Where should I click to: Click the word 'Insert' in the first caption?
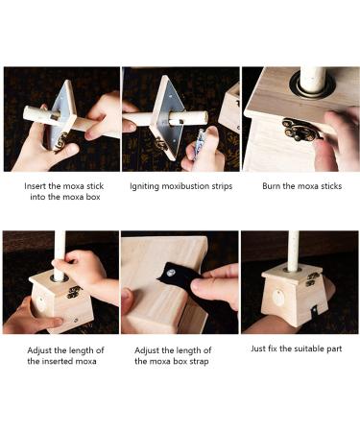pyautogui.click(x=36, y=186)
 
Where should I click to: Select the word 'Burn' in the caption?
pyautogui.click(x=271, y=186)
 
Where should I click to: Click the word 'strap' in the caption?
pyautogui.click(x=199, y=362)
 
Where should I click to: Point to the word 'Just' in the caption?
pyautogui.click(x=258, y=348)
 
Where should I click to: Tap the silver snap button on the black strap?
pyautogui.click(x=169, y=273)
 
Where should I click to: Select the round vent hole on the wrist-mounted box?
pyautogui.click(x=278, y=298)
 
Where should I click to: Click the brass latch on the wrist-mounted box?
pyautogui.click(x=312, y=279)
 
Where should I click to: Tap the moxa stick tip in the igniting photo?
pyautogui.click(x=204, y=116)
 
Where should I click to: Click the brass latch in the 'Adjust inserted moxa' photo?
pyautogui.click(x=74, y=292)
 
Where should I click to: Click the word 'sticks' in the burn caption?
pyautogui.click(x=331, y=186)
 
